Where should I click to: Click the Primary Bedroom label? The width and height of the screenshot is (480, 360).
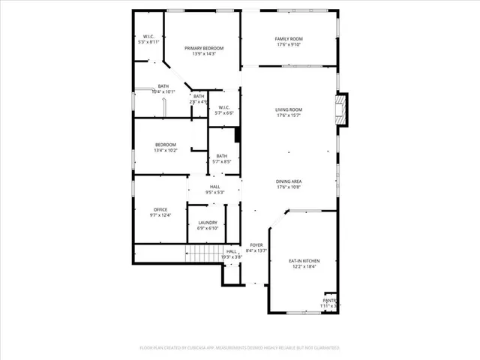point(204,48)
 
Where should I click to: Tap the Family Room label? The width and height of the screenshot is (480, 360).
point(288,38)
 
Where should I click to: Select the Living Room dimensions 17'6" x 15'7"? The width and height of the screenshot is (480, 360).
point(288,115)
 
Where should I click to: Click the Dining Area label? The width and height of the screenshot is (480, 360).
point(288,181)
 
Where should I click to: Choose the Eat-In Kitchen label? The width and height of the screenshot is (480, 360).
point(303,260)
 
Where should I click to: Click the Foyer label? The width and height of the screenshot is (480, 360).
point(256,245)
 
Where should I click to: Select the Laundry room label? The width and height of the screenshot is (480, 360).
point(208,222)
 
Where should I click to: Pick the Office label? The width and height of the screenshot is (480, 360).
point(160,209)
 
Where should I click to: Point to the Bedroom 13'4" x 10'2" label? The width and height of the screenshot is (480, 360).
point(166,145)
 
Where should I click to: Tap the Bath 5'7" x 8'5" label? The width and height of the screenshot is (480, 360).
point(222,156)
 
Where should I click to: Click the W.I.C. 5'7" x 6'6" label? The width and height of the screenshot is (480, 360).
point(223,107)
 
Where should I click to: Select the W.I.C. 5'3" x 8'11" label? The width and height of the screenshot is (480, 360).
point(149,37)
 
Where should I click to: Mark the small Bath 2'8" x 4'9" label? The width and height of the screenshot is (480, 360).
point(199,96)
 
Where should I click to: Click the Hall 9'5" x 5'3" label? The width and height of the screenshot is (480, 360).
point(215,187)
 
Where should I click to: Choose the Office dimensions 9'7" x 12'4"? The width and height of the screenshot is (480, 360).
point(160,215)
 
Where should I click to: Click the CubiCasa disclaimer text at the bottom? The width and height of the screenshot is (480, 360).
point(239,348)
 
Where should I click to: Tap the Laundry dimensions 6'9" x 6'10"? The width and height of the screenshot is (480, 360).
point(208,228)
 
